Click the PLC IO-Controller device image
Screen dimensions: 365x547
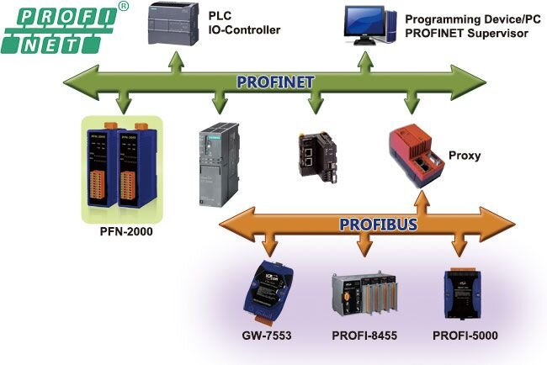175,25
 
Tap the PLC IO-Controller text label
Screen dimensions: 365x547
243,24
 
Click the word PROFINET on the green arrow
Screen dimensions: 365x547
274,82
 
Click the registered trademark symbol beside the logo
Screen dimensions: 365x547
124,7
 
